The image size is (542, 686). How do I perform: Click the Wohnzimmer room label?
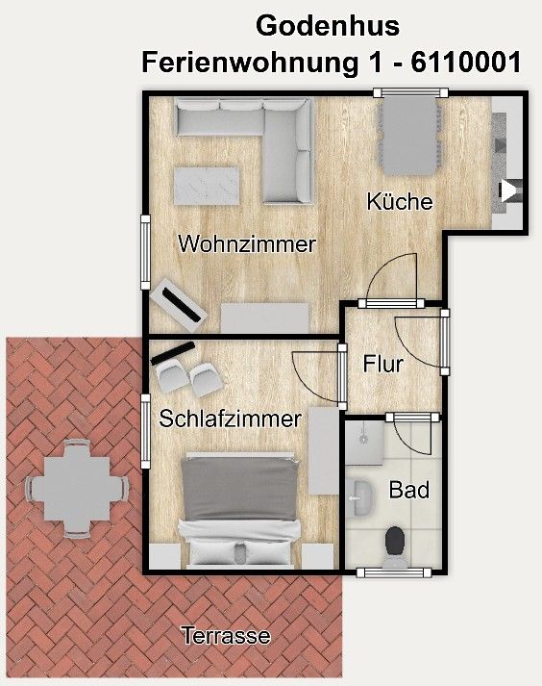point(247,244)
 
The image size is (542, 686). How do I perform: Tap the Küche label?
point(400,202)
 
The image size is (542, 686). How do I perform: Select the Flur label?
point(382,364)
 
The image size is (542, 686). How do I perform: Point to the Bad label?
point(408,490)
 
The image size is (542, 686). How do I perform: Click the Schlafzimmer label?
point(231,419)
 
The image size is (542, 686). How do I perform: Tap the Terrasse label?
point(226,636)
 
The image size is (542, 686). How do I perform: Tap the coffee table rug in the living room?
point(207,185)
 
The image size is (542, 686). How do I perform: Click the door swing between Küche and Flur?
point(394,277)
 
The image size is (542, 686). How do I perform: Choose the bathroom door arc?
point(414,437)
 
